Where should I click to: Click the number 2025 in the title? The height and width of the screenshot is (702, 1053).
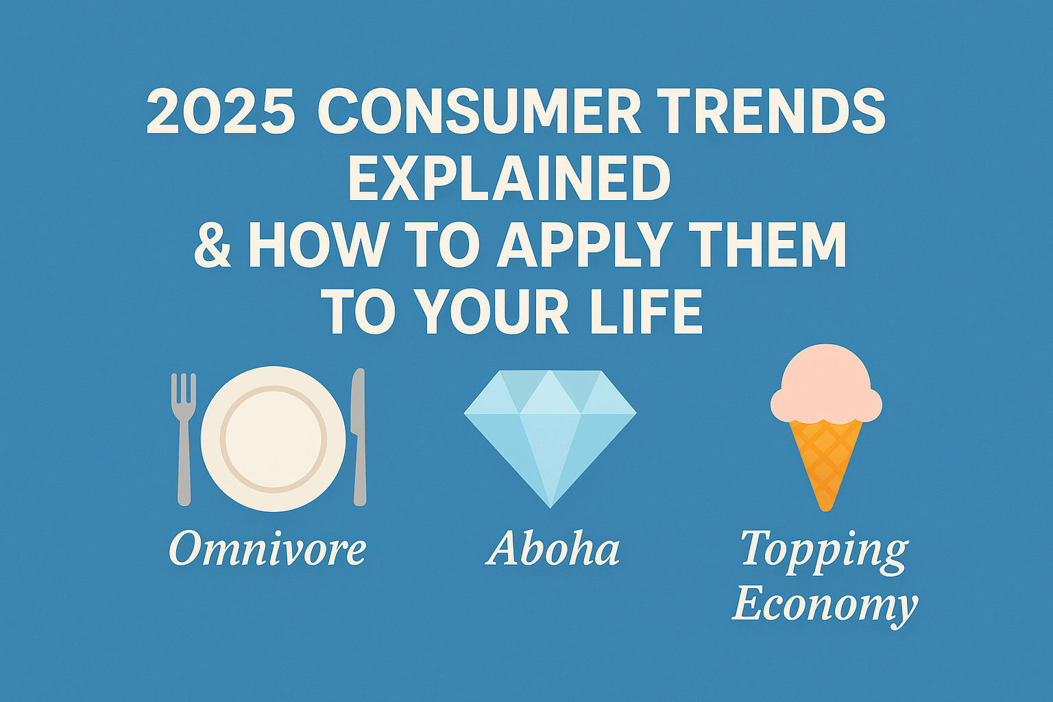tap(221, 112)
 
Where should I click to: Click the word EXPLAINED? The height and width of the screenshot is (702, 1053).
tap(509, 178)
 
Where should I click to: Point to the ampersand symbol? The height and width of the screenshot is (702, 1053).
tap(213, 245)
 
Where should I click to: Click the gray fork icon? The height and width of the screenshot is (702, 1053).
tap(184, 437)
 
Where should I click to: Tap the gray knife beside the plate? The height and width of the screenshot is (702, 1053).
tap(359, 437)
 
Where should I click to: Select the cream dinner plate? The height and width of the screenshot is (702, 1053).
tap(273, 439)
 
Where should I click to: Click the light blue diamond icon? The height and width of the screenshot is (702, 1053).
tap(550, 432)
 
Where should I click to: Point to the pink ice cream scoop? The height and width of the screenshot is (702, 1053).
tap(826, 387)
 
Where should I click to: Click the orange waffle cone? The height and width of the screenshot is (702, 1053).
tap(825, 459)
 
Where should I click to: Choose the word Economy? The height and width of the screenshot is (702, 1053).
tap(825, 605)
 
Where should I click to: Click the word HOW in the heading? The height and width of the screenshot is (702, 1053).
tap(317, 245)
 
